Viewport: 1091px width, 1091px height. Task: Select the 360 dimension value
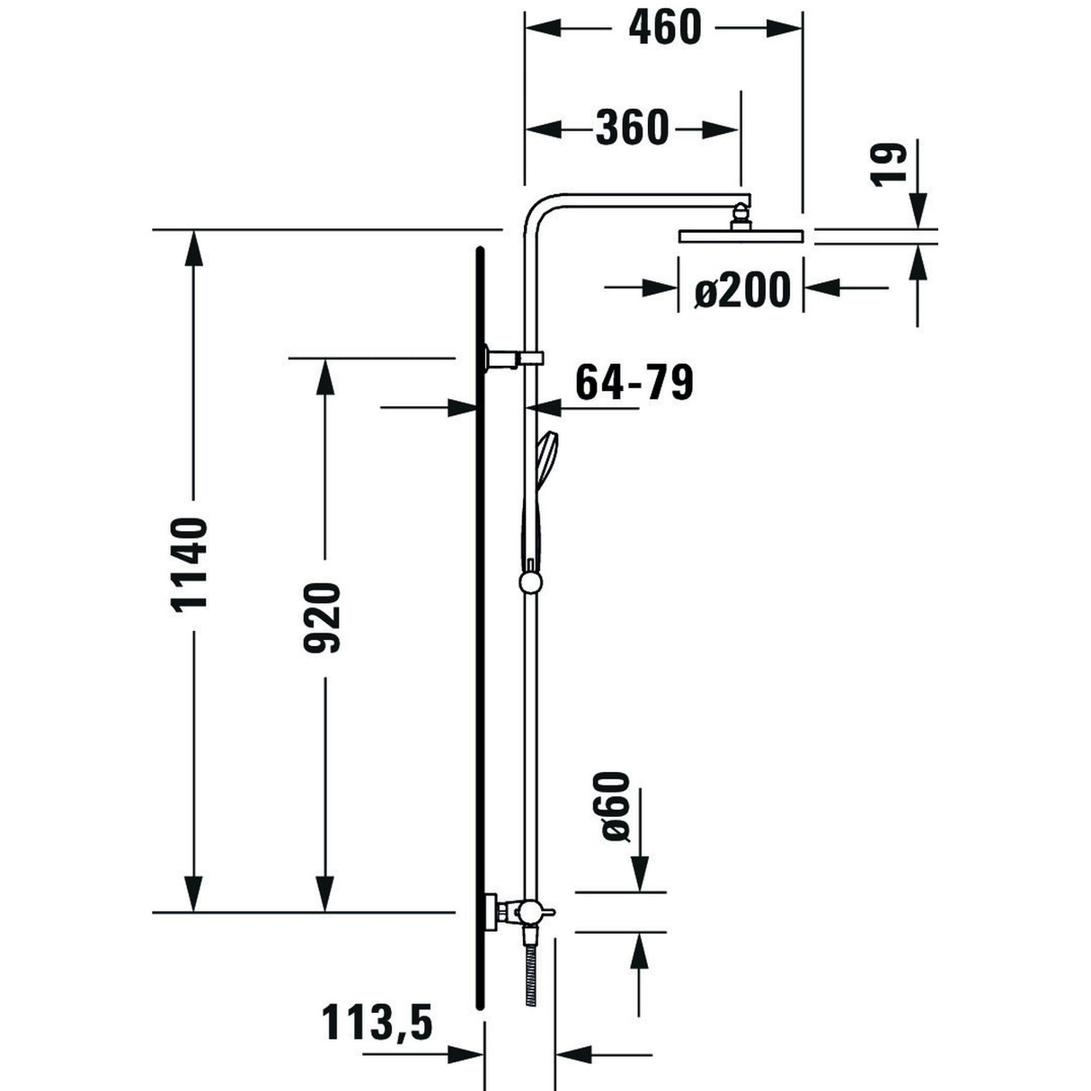(x=632, y=129)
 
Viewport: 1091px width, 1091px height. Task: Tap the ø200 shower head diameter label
(x=742, y=289)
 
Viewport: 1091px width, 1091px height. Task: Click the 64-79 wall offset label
(x=634, y=382)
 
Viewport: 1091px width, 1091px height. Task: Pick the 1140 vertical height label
(x=191, y=563)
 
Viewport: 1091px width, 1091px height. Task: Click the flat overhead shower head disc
(x=740, y=236)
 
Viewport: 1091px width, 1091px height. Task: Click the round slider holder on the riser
(x=531, y=582)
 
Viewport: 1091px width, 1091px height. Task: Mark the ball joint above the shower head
(x=740, y=216)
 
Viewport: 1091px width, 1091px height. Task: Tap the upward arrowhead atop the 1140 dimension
(x=192, y=247)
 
